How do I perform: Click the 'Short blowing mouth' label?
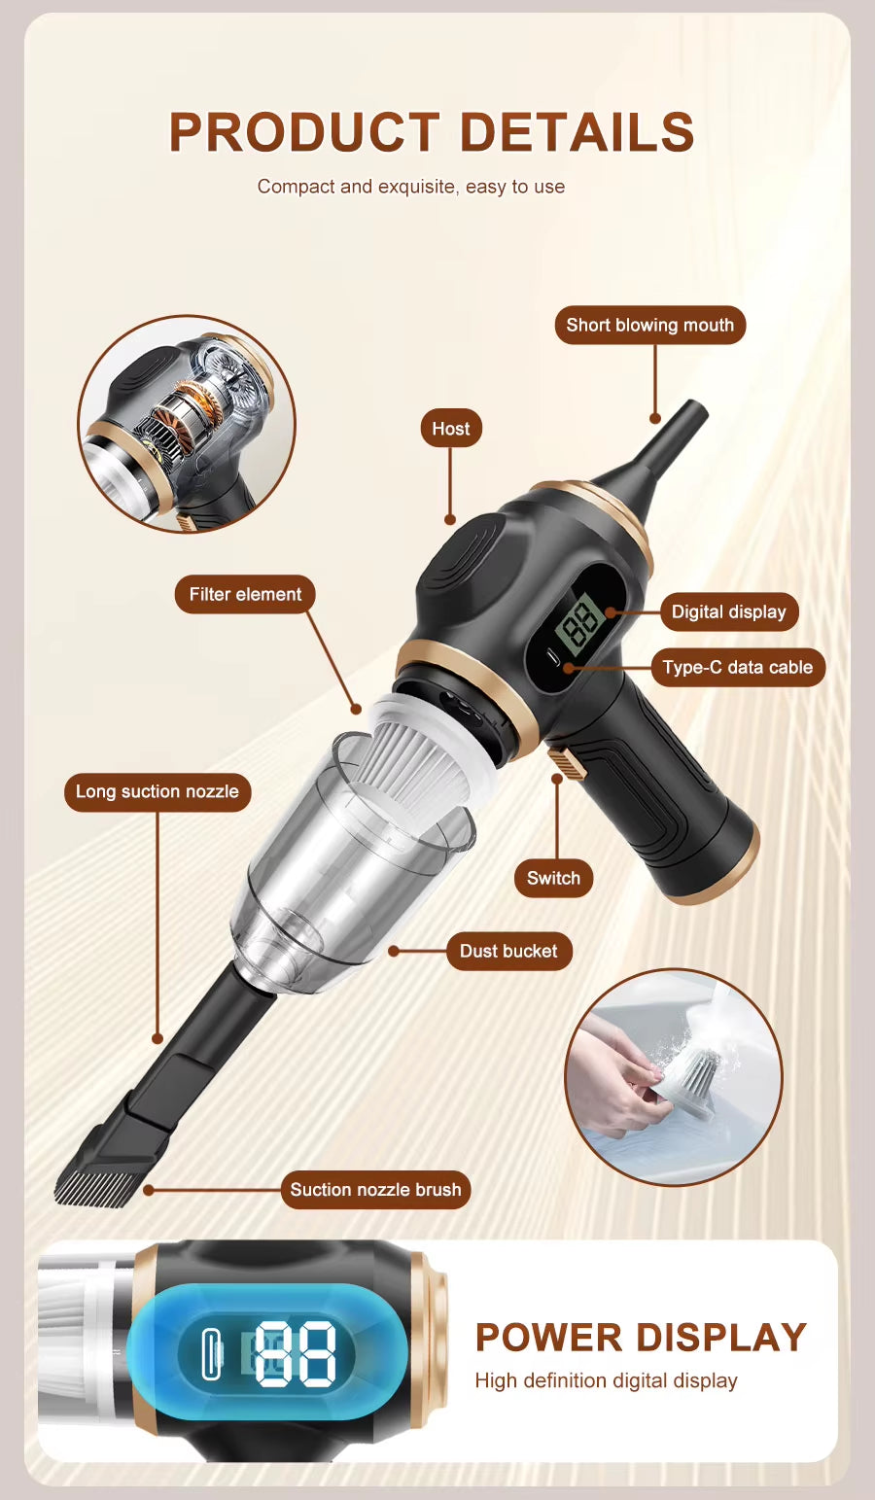tap(649, 326)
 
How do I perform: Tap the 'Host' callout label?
tap(450, 429)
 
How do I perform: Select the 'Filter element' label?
tap(245, 595)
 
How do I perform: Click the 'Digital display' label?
tap(728, 612)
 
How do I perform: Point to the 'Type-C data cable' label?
tap(737, 668)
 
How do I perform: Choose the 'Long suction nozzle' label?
tap(157, 792)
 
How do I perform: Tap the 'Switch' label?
tap(553, 879)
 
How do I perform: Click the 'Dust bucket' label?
tap(508, 952)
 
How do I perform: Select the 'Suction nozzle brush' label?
tap(375, 1190)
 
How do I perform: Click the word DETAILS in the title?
tap(577, 132)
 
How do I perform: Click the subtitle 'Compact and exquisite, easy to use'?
tap(411, 187)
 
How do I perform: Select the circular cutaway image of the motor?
tap(187, 424)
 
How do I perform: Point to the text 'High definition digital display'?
tap(606, 1381)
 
